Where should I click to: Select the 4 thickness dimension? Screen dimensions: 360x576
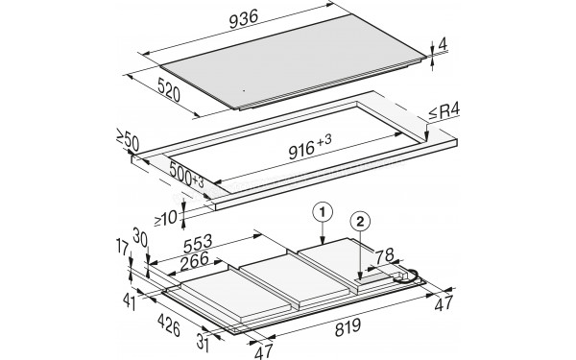[x=442, y=45]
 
